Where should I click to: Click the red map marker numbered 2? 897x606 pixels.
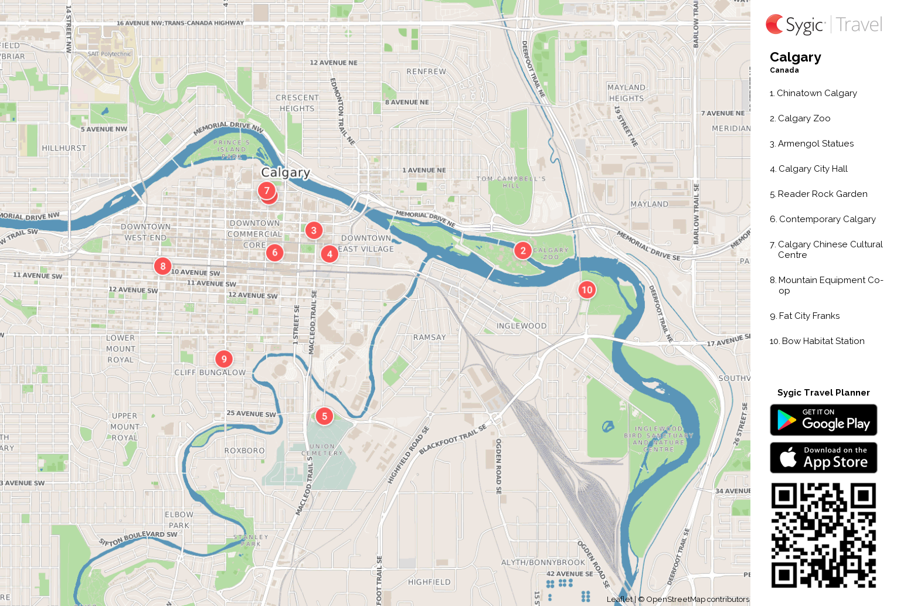523,251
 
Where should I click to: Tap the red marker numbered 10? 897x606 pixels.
587,290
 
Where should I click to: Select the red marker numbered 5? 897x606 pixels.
324,416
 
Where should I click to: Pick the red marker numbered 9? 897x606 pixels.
224,359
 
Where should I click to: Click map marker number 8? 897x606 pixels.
163,266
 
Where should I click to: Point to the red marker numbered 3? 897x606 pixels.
314,230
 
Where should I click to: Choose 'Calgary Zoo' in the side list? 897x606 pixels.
803,118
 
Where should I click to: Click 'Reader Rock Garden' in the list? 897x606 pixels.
822,194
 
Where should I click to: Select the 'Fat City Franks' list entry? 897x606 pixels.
808,316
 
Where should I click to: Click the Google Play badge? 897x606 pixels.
823,420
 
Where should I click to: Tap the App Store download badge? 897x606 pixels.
823,458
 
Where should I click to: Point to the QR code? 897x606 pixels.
823,535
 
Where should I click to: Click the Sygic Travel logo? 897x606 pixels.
823,25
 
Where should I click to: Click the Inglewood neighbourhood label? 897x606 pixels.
521,326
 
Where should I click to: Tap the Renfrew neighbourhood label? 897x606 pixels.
426,72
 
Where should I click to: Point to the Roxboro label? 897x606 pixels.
244,451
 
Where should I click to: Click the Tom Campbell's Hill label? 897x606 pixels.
511,182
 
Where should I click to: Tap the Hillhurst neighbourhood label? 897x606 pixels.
64,148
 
